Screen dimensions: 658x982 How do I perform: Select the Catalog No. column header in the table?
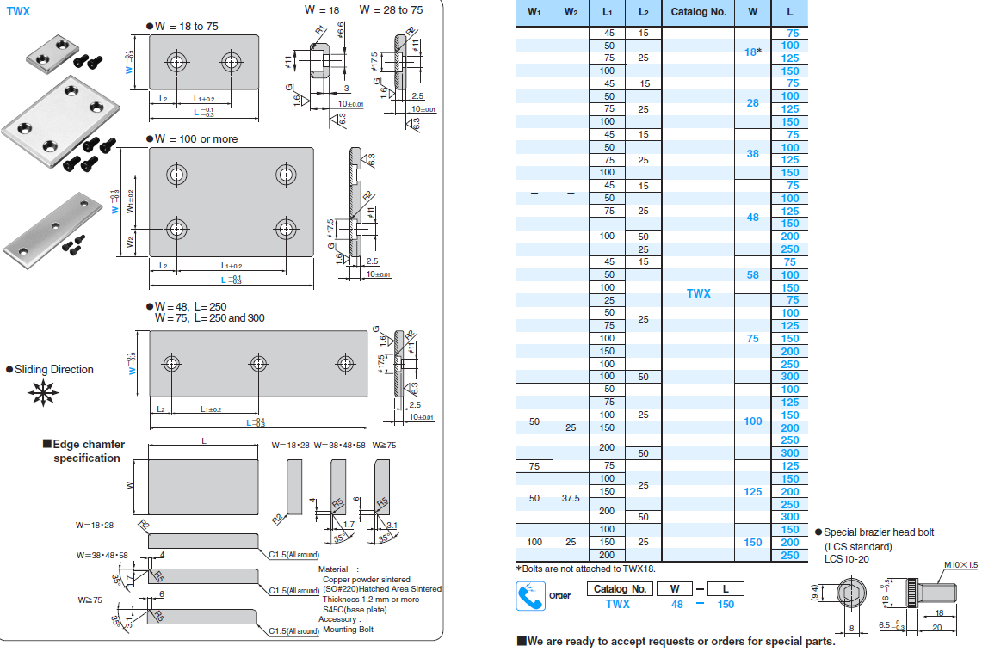coord(698,12)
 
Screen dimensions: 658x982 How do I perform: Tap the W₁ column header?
coord(534,12)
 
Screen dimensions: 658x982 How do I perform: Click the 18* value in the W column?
coord(752,52)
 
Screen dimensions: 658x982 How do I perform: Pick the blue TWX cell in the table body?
coord(698,293)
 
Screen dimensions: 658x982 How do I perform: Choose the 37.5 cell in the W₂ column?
coord(571,498)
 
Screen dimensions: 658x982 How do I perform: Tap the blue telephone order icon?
coord(530,596)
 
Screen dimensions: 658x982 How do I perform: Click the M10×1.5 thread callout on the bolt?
coord(959,565)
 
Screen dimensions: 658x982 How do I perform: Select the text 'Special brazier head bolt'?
coord(878,532)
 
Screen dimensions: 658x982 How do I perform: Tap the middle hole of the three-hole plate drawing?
coord(258,362)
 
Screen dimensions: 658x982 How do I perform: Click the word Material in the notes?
coord(333,569)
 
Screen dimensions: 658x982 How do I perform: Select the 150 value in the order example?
coord(726,604)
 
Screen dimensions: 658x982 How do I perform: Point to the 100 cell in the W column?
coord(752,421)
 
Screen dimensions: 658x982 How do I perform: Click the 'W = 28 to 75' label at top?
coord(391,9)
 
